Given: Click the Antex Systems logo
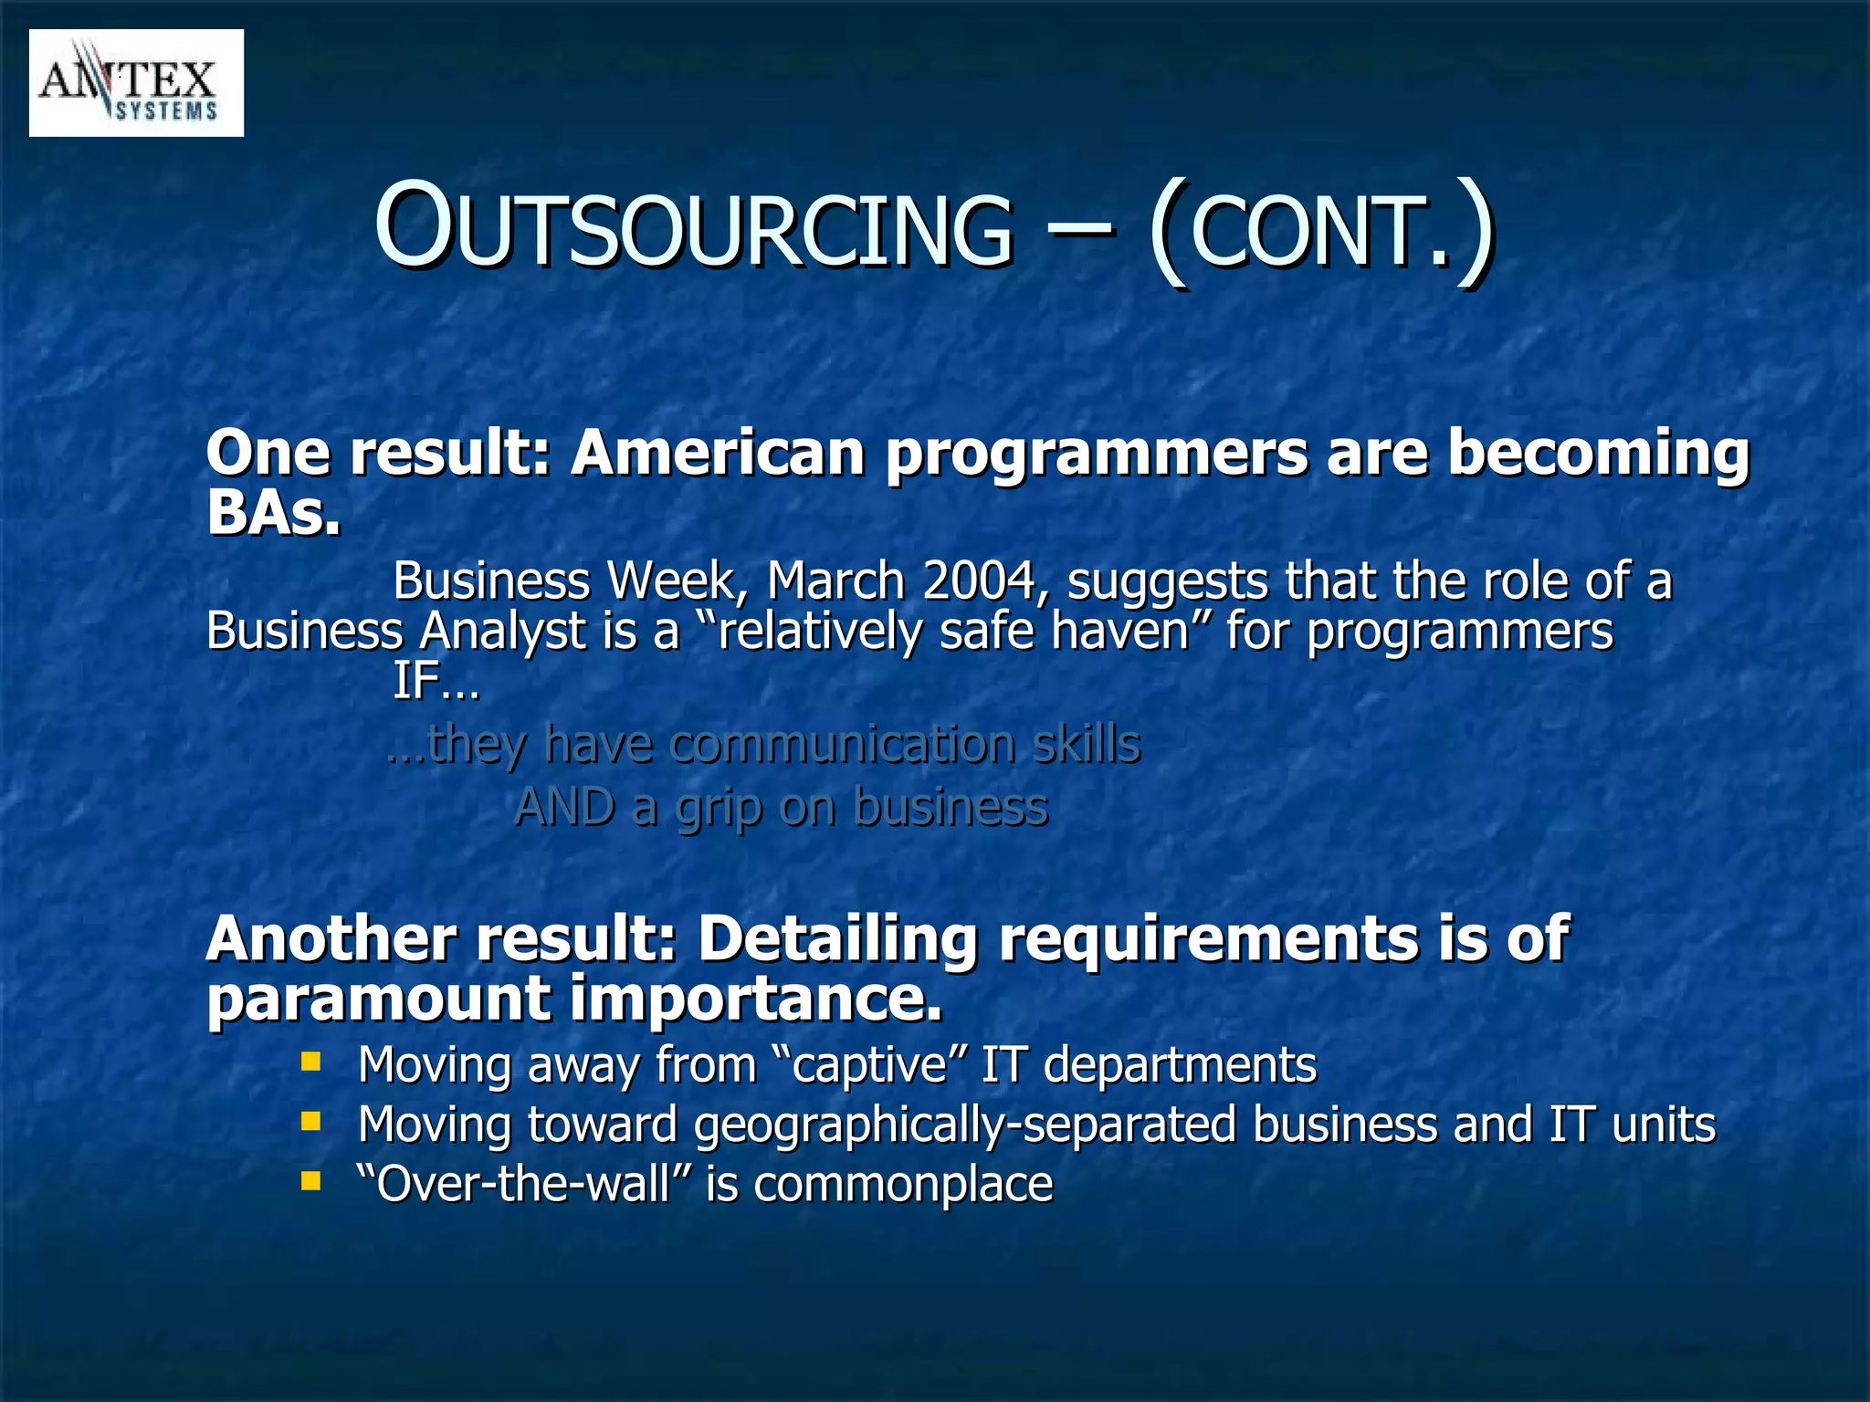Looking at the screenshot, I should pyautogui.click(x=136, y=83).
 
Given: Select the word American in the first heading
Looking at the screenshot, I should pyautogui.click(x=718, y=453).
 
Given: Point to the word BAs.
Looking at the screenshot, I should pyautogui.click(x=273, y=513).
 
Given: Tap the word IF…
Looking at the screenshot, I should pyautogui.click(x=436, y=681).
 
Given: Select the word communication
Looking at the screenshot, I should pyautogui.click(x=841, y=744).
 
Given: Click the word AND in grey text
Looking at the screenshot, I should pyautogui.click(x=564, y=808).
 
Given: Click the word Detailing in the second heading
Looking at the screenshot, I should pyautogui.click(x=837, y=939).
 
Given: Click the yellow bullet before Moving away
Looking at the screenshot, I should pyautogui.click(x=311, y=1062).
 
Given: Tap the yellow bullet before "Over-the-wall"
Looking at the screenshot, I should pyautogui.click(x=311, y=1182).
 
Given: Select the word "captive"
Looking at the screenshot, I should pyautogui.click(x=867, y=1065).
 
